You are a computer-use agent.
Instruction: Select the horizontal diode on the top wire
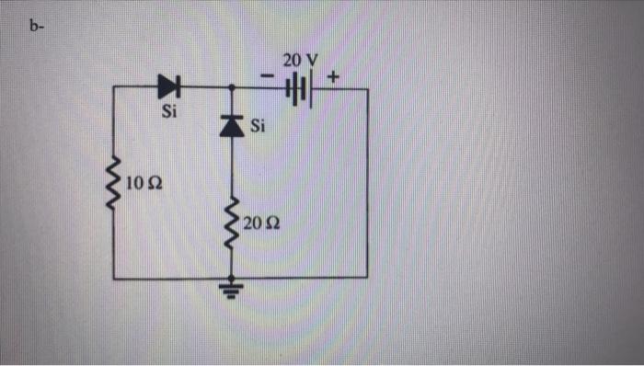point(169,87)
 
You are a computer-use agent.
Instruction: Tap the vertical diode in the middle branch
point(231,126)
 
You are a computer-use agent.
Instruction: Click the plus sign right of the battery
point(332,77)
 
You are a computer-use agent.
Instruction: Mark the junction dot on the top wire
point(231,88)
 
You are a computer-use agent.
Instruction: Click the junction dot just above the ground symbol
point(231,277)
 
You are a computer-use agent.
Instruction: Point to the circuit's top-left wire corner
point(114,88)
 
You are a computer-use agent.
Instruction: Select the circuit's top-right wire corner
point(368,89)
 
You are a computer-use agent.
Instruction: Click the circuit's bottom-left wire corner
point(114,277)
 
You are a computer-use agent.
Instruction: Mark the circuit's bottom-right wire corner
point(368,277)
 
